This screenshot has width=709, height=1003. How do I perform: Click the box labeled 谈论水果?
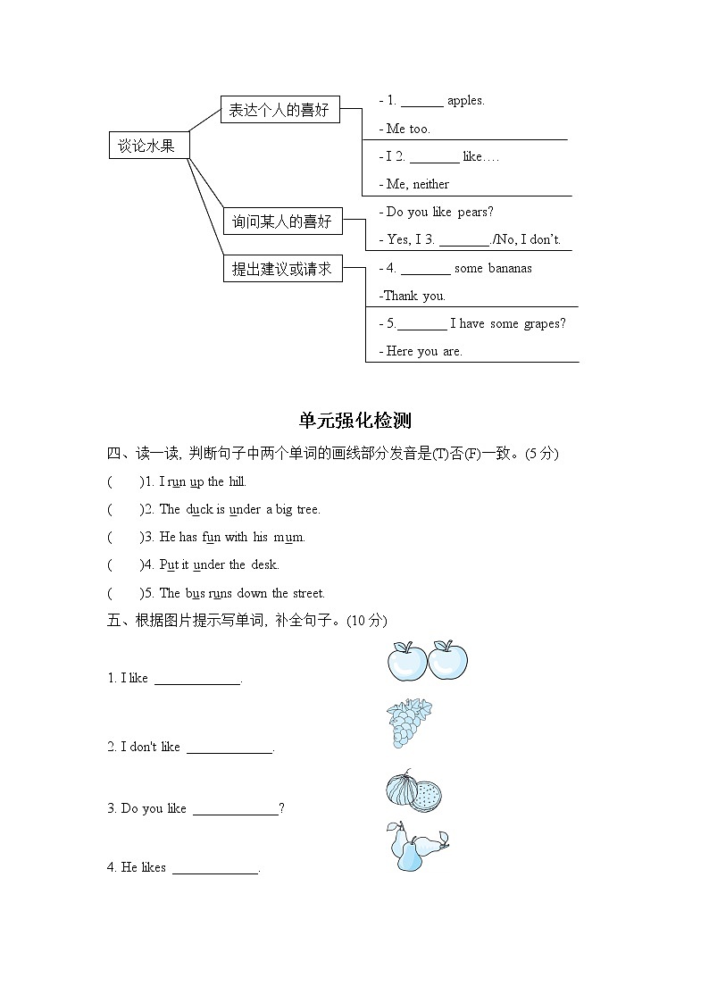147,146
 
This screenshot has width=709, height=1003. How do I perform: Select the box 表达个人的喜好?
279,110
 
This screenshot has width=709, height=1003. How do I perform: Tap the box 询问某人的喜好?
281,221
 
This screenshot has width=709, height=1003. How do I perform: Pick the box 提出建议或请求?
281,268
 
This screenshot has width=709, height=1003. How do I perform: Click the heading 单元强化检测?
354,421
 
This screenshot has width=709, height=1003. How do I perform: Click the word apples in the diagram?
465,101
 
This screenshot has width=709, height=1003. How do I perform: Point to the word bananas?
510,268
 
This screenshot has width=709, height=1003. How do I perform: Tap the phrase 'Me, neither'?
418,184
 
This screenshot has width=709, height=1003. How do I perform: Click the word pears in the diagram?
475,212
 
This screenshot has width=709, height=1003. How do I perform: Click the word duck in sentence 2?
199,510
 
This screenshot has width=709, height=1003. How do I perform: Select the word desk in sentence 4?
264,565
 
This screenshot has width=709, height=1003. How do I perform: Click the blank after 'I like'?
197,679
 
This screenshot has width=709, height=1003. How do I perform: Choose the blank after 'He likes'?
214,868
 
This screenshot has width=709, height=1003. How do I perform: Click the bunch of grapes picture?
409,723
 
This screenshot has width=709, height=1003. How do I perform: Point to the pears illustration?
416,847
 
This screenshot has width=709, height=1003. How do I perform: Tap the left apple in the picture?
406,662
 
